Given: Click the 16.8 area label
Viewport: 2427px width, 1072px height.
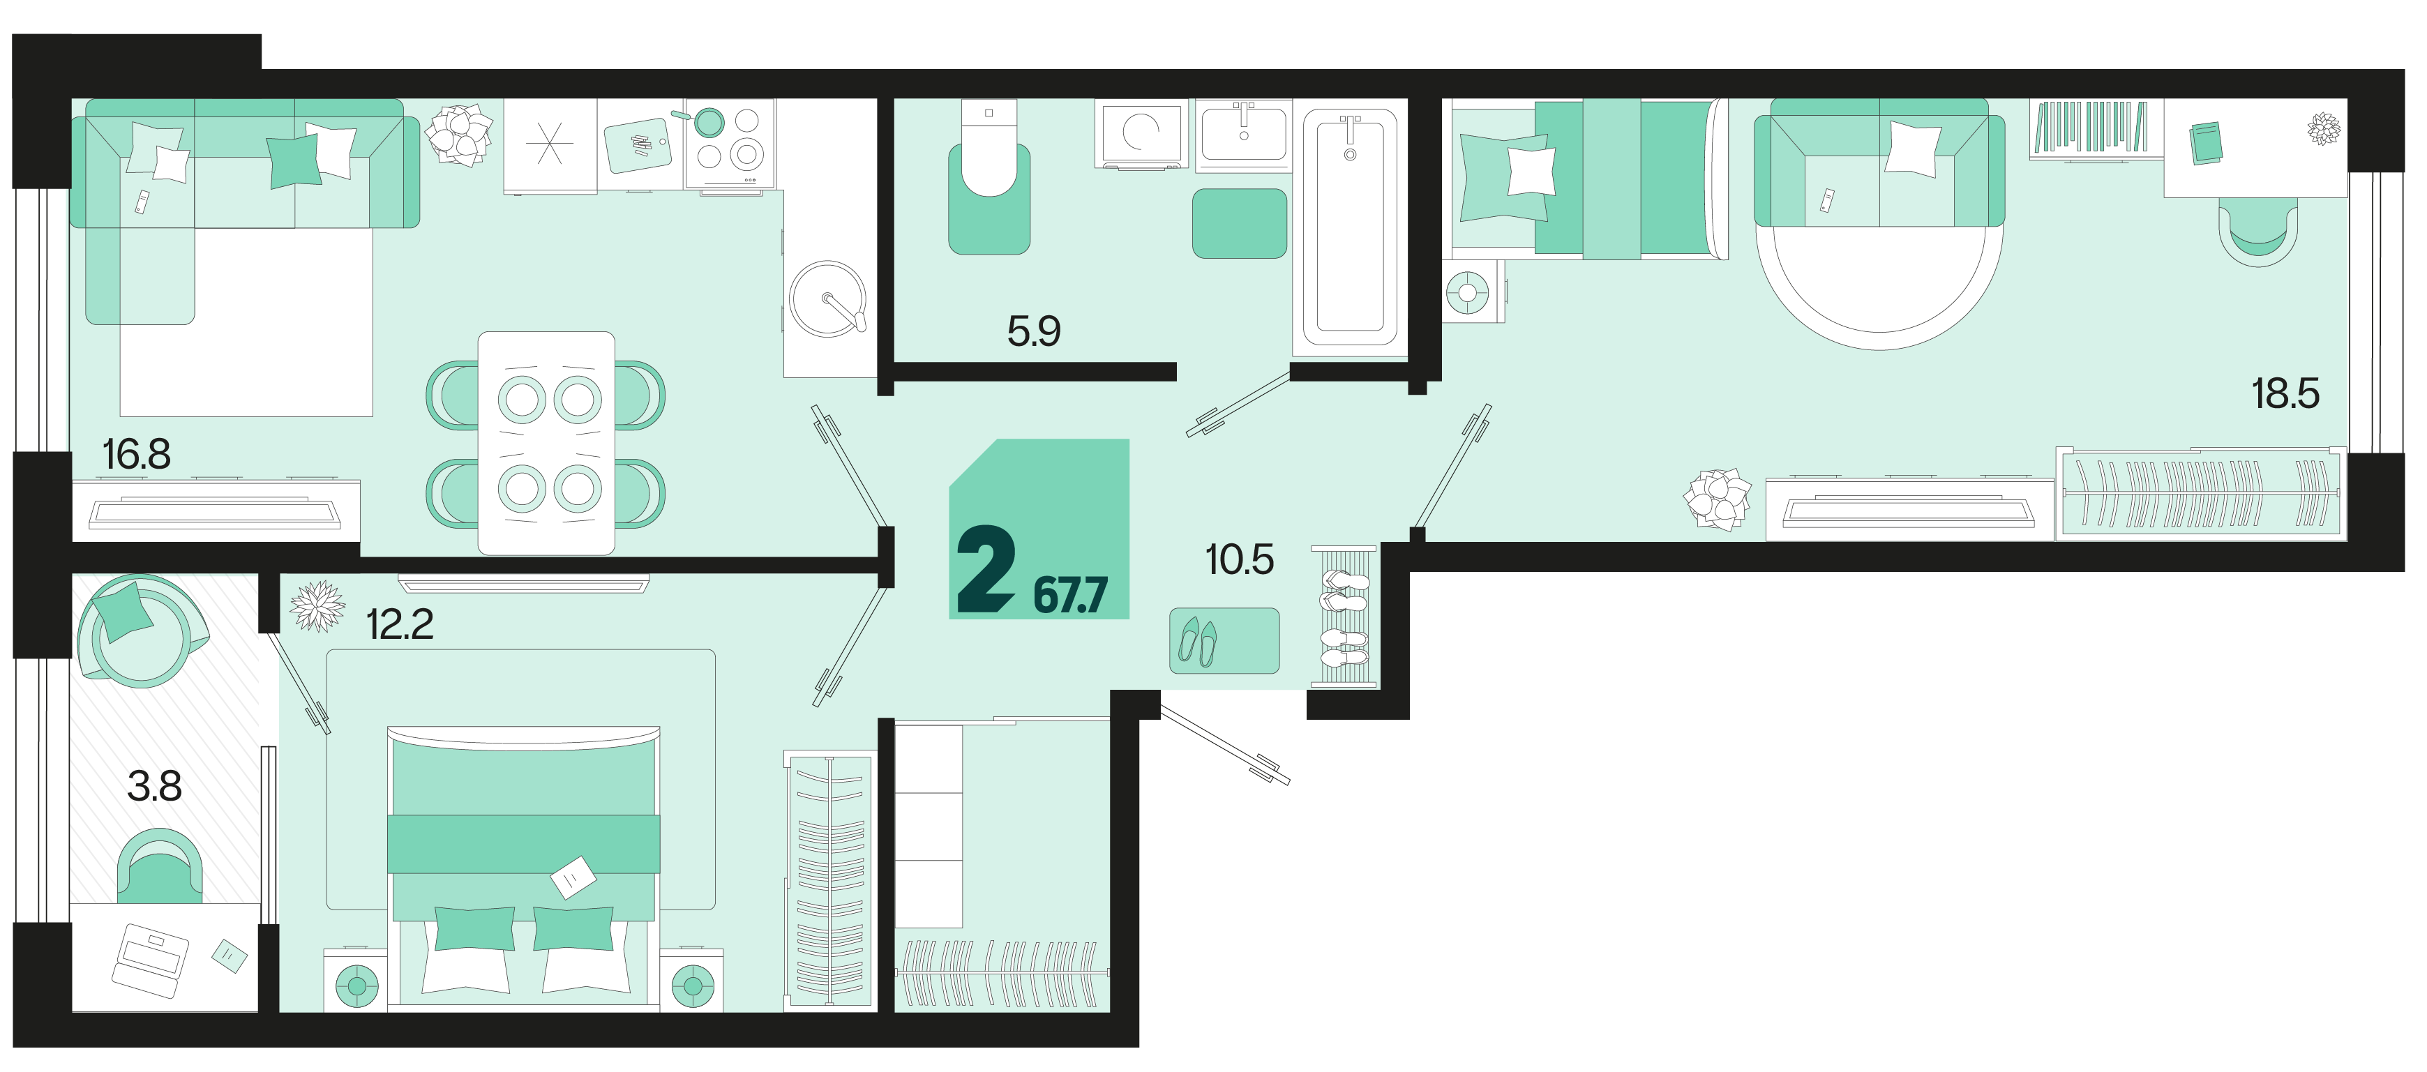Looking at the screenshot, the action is click(137, 455).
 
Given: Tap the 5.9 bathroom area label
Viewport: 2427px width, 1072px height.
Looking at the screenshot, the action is click(1034, 331).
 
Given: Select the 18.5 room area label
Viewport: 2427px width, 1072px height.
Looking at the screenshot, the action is click(2285, 394).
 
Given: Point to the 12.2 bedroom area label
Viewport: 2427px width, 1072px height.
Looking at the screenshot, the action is click(400, 624).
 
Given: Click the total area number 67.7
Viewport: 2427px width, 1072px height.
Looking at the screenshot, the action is click(1070, 596).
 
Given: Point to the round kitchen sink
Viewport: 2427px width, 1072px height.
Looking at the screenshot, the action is click(827, 299).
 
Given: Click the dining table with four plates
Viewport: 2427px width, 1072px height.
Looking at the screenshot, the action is click(546, 443).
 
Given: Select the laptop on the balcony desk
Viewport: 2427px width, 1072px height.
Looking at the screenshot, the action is click(150, 960).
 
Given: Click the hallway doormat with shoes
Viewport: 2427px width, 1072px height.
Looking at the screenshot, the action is click(1224, 640).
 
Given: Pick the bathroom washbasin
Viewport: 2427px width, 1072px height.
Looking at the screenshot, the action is click(1244, 135).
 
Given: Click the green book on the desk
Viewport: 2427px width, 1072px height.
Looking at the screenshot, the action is click(2207, 143).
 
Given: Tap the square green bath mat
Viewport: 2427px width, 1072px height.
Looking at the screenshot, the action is click(1240, 223).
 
